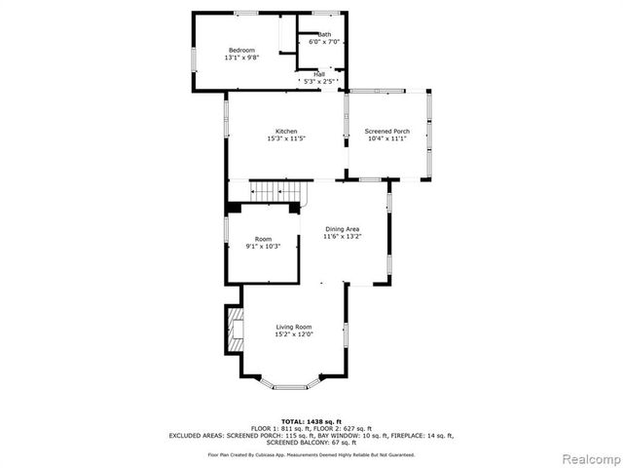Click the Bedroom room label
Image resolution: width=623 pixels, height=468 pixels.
(x=241, y=50)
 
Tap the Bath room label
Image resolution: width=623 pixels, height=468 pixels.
(x=324, y=35)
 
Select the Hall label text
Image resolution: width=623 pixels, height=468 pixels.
(x=319, y=73)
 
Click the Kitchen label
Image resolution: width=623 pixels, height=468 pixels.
(x=286, y=132)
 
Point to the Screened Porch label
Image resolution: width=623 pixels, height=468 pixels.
(x=386, y=132)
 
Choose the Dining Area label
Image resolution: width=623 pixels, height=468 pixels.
(x=342, y=229)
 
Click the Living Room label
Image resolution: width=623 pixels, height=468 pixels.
(x=293, y=327)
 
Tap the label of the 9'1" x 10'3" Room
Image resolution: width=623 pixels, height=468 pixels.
(x=263, y=239)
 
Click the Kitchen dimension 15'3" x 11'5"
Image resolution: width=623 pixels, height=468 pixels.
(x=286, y=139)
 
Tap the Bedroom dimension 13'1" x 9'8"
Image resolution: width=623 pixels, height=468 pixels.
(x=241, y=58)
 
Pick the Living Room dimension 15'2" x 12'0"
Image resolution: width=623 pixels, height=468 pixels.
(x=293, y=334)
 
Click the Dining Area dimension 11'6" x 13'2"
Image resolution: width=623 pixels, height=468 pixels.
(x=342, y=237)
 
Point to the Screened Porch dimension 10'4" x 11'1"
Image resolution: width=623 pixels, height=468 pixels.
(x=386, y=139)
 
